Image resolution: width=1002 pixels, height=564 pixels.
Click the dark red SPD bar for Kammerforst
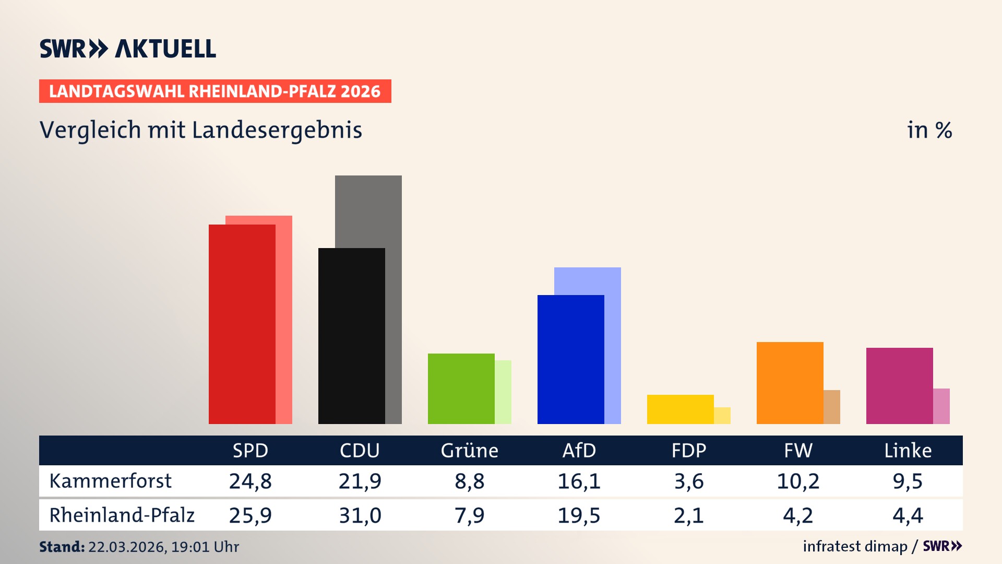[x=242, y=324]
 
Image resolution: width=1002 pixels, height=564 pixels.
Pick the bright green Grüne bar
[x=461, y=389]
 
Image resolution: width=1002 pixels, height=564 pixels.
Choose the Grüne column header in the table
[x=469, y=450]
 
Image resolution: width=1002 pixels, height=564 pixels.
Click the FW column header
[x=798, y=450]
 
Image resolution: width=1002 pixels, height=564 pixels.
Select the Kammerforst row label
[x=110, y=481]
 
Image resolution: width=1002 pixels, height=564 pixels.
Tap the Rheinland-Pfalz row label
[x=122, y=515]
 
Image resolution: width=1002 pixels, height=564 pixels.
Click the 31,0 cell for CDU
[x=360, y=515]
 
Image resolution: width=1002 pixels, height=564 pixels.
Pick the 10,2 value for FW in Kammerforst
[x=798, y=481]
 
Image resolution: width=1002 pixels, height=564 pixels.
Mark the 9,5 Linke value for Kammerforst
[x=908, y=481]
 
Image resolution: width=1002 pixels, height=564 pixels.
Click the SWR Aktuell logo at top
[x=128, y=49]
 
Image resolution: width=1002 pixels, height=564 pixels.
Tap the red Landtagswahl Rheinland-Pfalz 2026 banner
[x=215, y=91]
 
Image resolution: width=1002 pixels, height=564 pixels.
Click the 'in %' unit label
[x=929, y=130]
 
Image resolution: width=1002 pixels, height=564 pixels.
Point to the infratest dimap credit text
[x=855, y=546]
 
